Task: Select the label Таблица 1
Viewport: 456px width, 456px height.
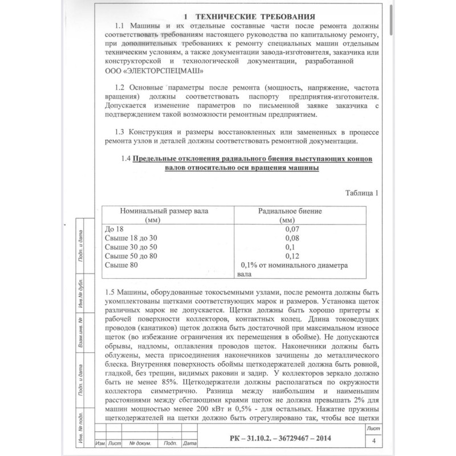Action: (362, 192)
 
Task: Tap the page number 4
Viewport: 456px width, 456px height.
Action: (373, 441)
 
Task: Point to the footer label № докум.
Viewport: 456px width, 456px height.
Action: (139, 443)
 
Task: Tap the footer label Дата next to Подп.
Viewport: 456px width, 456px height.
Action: (190, 443)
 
